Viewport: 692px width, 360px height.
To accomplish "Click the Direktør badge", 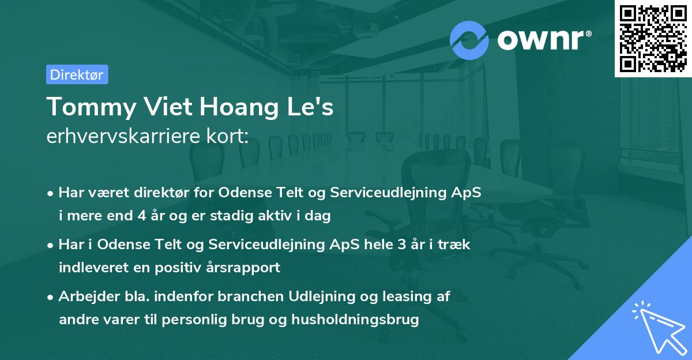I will point(77,74).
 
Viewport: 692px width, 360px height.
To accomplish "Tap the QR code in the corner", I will point(653,38).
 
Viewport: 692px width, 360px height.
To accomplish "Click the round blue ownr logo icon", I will point(469,40).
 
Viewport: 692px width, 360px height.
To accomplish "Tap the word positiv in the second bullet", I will point(181,267).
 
